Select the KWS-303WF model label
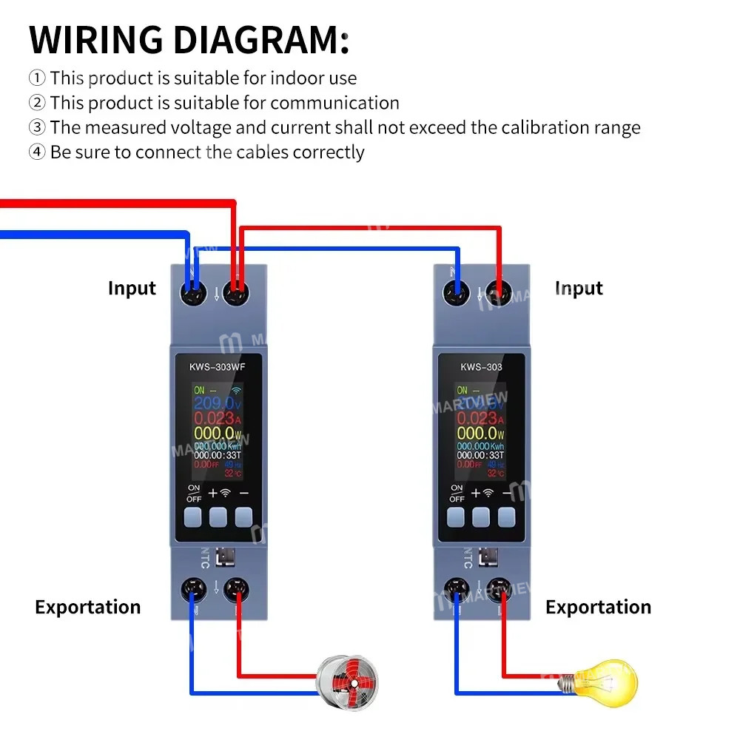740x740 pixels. [x=219, y=366]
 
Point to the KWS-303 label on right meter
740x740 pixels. [x=481, y=366]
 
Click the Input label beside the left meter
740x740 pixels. [x=132, y=288]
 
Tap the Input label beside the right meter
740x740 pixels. [x=579, y=288]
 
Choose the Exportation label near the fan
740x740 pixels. [x=87, y=607]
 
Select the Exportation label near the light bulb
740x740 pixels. [x=598, y=607]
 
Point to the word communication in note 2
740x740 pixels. [x=334, y=102]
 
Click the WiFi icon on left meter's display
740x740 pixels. [x=238, y=389]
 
